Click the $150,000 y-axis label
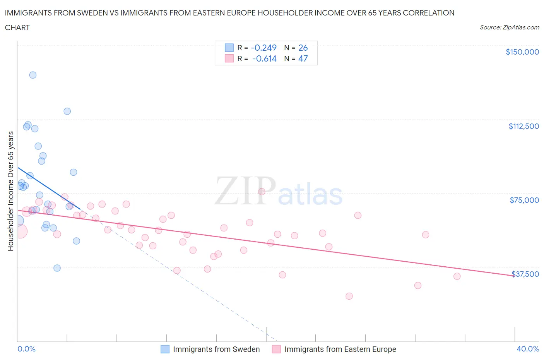(522, 52)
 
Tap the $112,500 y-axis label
(523, 126)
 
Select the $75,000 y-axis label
(524, 200)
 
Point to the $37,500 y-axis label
(525, 274)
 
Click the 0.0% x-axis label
(26, 349)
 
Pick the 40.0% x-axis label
(528, 349)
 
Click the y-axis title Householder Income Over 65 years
(10, 191)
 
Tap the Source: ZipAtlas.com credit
(509, 27)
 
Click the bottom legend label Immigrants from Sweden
(216, 349)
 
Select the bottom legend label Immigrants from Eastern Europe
(340, 349)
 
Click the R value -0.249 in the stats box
(263, 48)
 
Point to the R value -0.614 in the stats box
(264, 58)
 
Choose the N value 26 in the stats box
(303, 48)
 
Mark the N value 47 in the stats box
(303, 58)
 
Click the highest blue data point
(33, 75)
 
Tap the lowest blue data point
(57, 268)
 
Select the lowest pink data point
(349, 296)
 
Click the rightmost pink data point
(457, 276)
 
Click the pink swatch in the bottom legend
(276, 349)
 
